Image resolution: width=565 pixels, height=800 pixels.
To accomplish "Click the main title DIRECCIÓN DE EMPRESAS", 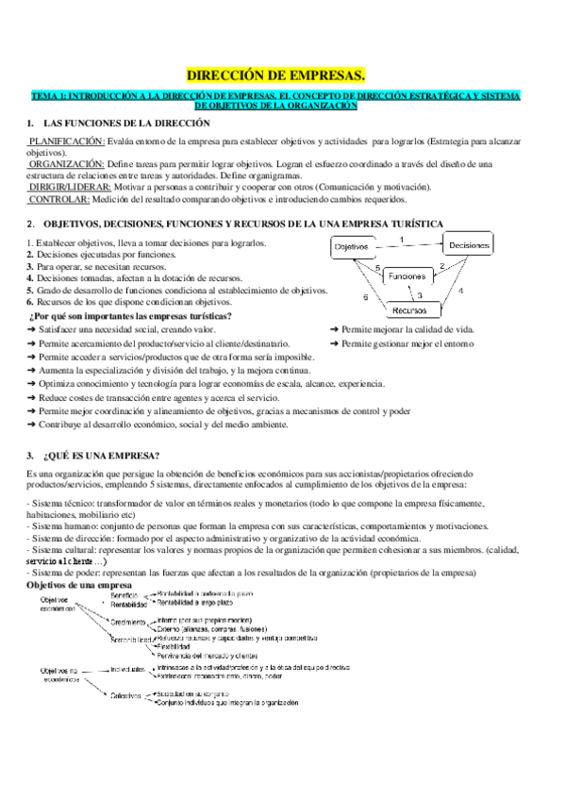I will [283, 74].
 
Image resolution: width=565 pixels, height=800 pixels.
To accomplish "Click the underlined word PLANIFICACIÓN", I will [65, 141].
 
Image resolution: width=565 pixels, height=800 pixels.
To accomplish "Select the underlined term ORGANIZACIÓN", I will [66, 163].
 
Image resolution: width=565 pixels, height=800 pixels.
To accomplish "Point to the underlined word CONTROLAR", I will [59, 199].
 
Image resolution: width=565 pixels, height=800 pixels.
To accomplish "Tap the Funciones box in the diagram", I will [407, 276].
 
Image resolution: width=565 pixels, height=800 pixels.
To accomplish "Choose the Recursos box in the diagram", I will [408, 309].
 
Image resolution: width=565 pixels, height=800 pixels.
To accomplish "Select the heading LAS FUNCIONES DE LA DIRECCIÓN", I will [122, 124].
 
